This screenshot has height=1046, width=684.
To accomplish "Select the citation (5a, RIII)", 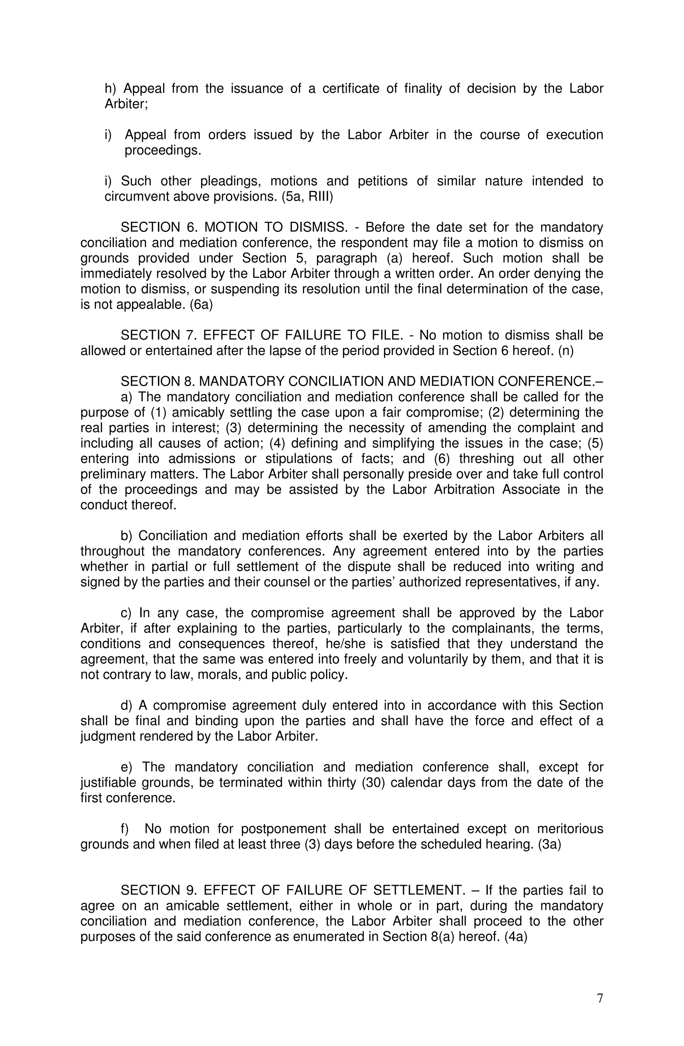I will (x=307, y=196).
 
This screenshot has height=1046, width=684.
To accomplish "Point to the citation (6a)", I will (x=201, y=305).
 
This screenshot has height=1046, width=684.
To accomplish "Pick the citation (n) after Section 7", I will (x=565, y=351).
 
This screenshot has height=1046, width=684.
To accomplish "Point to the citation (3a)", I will (x=549, y=844).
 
